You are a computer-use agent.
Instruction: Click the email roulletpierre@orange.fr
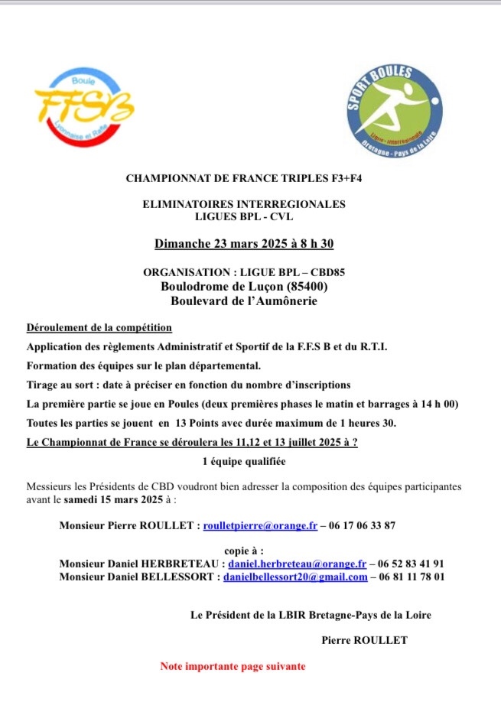tap(260, 526)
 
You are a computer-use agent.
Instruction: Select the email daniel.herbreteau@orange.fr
tap(297, 564)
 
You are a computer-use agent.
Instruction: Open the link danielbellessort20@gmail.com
tap(295, 577)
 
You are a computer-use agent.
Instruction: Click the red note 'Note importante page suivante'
tap(233, 666)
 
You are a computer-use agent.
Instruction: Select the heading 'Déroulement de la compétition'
tap(99, 328)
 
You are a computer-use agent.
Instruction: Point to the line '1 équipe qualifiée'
tap(244, 461)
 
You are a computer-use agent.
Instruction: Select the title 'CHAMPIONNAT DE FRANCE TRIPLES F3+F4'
tap(244, 178)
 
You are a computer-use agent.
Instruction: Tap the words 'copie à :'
tap(244, 551)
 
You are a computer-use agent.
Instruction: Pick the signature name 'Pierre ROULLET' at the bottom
tap(365, 640)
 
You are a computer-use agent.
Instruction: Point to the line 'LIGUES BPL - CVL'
tap(244, 216)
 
